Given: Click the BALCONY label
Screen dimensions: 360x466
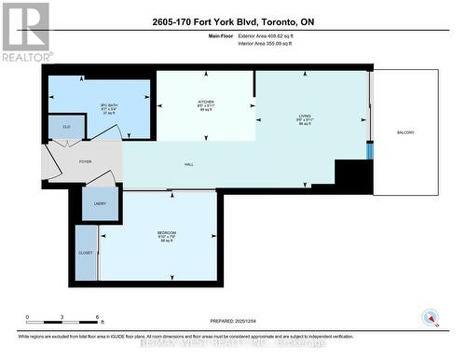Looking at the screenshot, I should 405,132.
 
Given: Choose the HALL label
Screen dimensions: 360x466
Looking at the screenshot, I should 188,165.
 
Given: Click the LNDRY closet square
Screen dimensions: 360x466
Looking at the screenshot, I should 100,204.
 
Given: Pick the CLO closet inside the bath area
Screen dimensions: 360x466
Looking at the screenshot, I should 67,126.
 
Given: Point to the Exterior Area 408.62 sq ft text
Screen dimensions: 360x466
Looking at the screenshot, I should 271,35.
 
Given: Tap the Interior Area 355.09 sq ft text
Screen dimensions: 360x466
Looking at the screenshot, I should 270,43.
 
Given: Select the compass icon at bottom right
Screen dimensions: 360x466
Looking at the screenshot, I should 430,316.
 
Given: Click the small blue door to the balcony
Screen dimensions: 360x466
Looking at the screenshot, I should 369,150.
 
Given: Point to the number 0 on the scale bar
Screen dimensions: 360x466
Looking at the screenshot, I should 27,319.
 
